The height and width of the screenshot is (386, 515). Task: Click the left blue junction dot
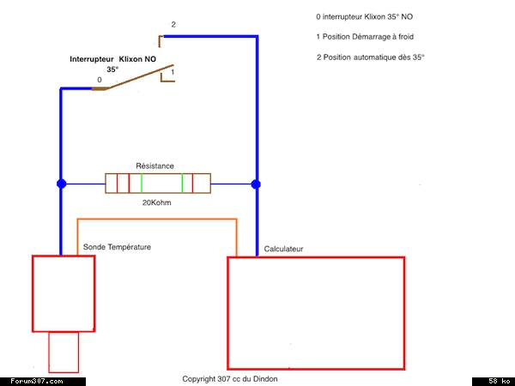61,184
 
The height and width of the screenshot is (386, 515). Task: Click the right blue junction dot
256,184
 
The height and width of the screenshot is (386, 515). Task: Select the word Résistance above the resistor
155,166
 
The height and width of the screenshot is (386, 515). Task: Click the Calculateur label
283,249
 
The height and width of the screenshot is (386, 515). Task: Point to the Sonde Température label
117,247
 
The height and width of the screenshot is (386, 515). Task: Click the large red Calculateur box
315,312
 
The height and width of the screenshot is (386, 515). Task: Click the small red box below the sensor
64,353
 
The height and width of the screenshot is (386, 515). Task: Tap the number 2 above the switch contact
173,25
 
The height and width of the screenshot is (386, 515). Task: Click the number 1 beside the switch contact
173,73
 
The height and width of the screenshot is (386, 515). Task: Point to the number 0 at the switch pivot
100,80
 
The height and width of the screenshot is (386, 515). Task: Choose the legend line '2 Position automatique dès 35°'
371,57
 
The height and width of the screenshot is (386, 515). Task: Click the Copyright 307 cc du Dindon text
230,378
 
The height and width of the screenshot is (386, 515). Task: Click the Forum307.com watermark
36,381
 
